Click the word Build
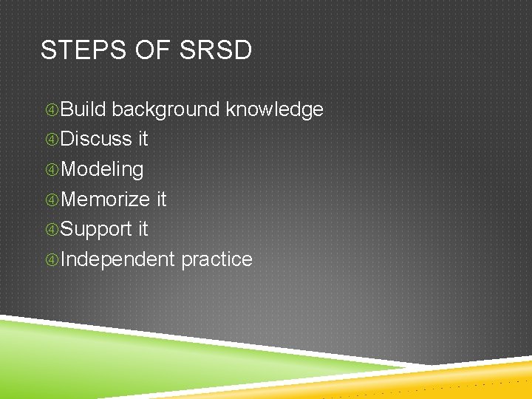coord(83,109)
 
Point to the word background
coord(166,110)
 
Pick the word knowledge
coord(274,110)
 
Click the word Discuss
coord(96,140)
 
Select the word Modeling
coord(102,170)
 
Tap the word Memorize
coord(106,199)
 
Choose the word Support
coord(96,230)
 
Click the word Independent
coord(117,259)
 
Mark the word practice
coord(216,260)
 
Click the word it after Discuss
coord(143,140)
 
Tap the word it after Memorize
coord(162,199)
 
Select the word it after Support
coord(143,230)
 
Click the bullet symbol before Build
coord(51,110)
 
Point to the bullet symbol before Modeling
coord(51,170)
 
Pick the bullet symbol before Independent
coord(51,260)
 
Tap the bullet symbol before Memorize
coord(51,200)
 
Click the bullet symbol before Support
coord(51,230)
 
